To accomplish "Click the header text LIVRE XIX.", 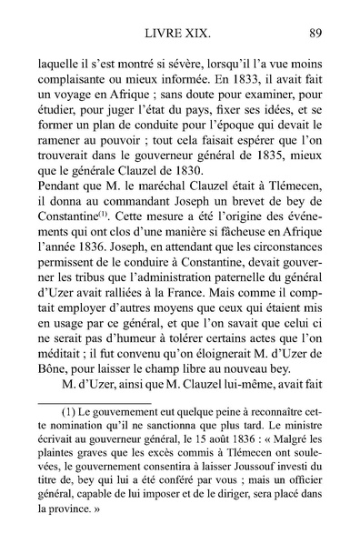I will point(178,35).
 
